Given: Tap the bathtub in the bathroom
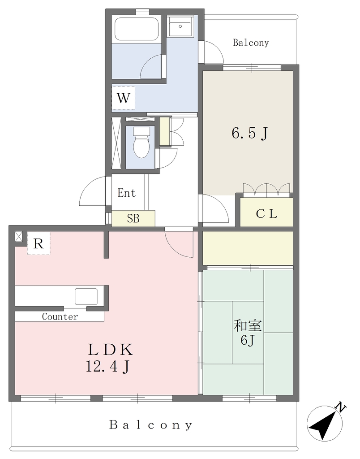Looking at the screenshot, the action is coord(136,29).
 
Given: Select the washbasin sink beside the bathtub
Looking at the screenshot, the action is coord(180,26).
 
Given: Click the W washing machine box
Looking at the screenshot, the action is coord(124,98).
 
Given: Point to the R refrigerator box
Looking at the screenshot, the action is coord(39,243).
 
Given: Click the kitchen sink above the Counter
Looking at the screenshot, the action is coord(86,297).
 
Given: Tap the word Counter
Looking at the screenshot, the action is coord(60,316).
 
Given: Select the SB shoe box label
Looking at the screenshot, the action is coord(133,218).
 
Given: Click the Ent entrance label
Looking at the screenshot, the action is coord(126,193).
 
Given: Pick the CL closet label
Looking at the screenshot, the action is coord(266,214).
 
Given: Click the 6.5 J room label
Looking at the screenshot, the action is coord(250,134).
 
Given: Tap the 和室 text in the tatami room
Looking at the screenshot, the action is coord(248,326).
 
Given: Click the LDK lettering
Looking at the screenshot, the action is coord(111,349).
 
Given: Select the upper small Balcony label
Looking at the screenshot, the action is coord(251,43).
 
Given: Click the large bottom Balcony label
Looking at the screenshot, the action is coord(151,425).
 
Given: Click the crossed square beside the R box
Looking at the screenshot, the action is coord(18,237).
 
